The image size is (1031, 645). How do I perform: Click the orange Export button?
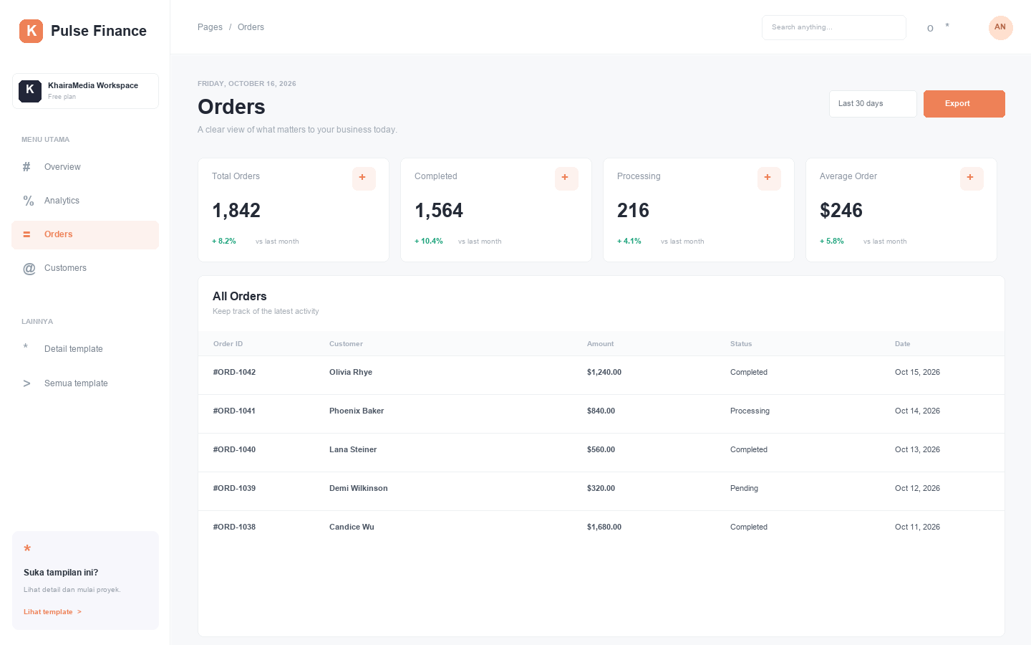coord(964,104)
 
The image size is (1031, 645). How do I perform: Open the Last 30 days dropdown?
coord(873,104)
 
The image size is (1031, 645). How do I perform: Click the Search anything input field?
coord(833,27)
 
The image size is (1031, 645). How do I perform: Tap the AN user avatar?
coord(1000,27)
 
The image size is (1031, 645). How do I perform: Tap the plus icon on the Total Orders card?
coord(364,178)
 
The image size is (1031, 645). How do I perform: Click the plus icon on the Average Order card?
coord(971,178)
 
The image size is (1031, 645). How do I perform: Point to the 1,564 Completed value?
coord(439,211)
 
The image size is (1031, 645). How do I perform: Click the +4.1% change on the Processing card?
coord(629,241)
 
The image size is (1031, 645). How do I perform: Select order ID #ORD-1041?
coord(234,411)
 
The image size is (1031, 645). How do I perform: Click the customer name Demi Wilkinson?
coord(358,488)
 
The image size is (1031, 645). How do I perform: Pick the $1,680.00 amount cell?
coord(604,527)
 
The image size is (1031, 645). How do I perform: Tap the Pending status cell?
coord(744,488)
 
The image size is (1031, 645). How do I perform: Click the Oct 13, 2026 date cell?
coord(917,449)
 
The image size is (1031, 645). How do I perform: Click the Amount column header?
coord(600,344)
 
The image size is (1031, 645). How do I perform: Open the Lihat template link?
coord(52,612)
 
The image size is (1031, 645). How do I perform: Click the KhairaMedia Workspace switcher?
coord(85,91)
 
